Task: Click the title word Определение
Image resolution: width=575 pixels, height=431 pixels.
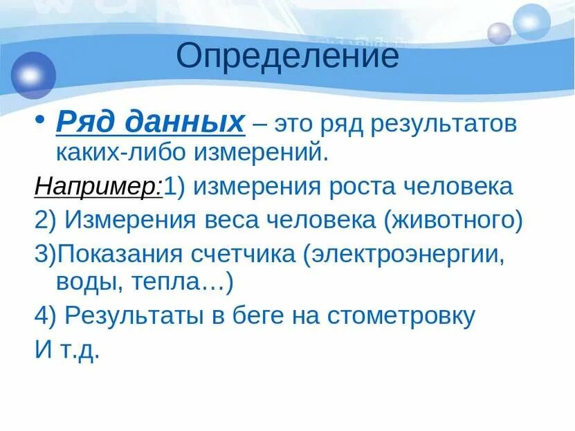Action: point(288,57)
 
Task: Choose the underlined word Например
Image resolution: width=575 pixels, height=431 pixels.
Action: point(97,187)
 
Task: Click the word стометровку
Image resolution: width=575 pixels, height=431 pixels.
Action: point(401,316)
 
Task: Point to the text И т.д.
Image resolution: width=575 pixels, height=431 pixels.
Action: point(67,349)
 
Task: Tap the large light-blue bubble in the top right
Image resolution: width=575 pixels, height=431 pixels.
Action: point(531,22)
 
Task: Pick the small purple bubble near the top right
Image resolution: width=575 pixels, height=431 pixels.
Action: point(498,33)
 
